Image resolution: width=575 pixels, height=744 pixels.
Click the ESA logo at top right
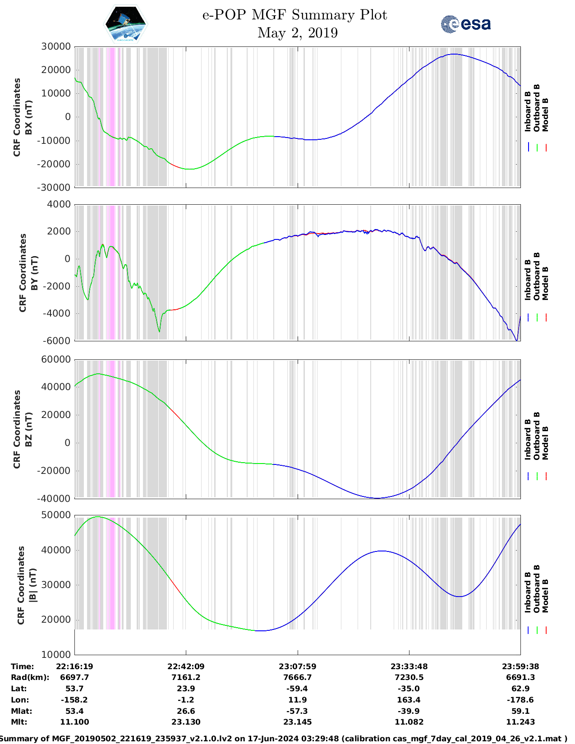click(465, 24)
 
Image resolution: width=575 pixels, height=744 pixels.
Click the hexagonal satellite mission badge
click(126, 24)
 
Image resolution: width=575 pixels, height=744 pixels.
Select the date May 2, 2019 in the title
click(297, 33)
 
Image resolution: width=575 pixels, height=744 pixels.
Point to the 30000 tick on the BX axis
click(56, 46)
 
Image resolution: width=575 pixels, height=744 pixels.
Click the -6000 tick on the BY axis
click(57, 341)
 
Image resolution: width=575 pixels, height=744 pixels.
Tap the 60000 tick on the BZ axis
click(56, 359)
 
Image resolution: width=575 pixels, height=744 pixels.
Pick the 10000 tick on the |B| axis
click(56, 654)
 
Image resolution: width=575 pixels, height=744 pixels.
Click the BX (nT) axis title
click(28, 117)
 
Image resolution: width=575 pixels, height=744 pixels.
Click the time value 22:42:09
click(186, 666)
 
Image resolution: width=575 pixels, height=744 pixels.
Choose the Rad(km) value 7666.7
click(297, 677)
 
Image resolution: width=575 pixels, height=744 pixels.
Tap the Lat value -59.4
click(297, 689)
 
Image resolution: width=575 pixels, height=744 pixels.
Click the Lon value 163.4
click(409, 700)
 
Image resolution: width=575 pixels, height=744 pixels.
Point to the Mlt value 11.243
click(520, 722)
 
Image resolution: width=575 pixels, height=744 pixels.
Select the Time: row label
click(23, 666)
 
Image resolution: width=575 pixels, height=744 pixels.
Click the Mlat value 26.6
click(186, 711)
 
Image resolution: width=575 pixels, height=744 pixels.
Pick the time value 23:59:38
click(520, 666)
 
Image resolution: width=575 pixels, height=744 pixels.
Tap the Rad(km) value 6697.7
click(74, 677)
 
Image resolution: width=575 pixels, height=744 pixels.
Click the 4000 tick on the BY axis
click(59, 204)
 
